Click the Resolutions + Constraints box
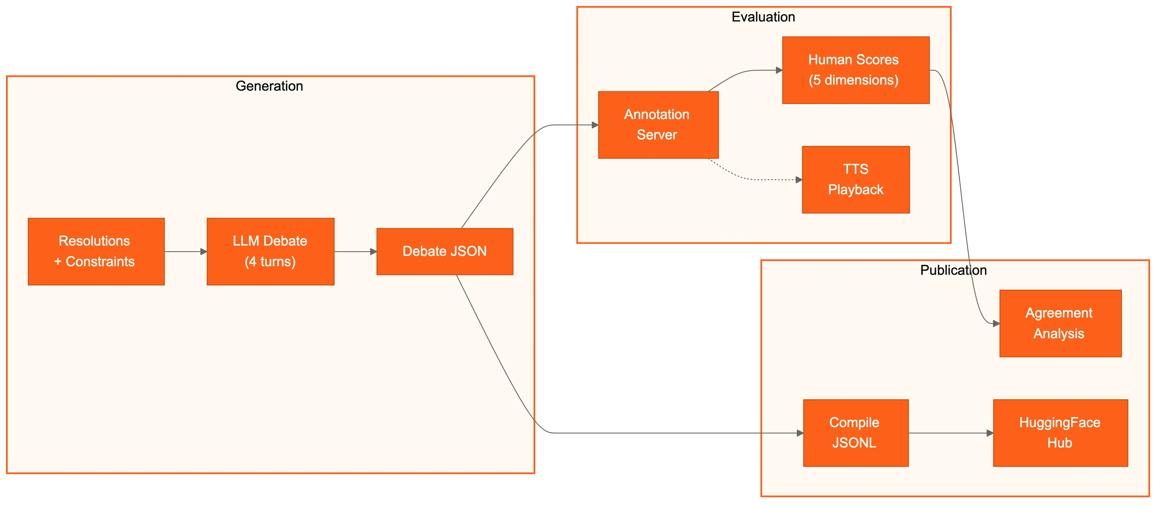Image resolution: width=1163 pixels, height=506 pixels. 96,252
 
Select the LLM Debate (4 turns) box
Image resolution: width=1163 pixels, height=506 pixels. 270,252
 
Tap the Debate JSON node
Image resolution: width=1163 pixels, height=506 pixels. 445,252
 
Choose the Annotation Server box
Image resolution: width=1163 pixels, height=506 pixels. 658,125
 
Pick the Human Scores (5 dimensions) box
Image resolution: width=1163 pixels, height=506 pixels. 856,70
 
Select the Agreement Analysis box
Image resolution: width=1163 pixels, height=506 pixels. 1061,324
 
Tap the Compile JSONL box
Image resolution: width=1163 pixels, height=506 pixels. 856,433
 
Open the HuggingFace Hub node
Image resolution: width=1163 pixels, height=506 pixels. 1061,433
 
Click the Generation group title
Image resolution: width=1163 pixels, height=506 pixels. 270,86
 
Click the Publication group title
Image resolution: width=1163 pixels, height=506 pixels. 953,270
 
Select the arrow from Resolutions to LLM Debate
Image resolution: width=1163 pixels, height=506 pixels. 186,252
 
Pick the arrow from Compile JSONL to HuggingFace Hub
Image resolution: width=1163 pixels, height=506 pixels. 951,433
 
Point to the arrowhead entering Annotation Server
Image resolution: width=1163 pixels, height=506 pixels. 595,125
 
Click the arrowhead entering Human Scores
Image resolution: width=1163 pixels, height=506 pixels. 779,70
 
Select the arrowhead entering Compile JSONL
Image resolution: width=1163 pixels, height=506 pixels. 800,433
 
